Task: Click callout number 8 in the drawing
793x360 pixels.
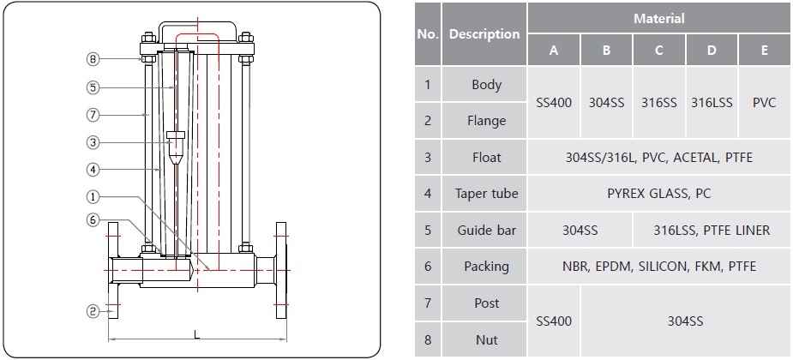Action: coord(93,59)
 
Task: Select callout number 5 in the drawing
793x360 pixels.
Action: coord(93,87)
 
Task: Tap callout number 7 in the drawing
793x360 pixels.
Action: coord(93,114)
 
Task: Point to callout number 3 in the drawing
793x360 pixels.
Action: coord(93,141)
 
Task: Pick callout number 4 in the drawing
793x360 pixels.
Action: coord(93,169)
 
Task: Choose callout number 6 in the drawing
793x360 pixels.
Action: coord(93,219)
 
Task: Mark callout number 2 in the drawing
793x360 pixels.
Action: coord(93,312)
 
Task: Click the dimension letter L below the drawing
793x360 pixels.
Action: coord(196,333)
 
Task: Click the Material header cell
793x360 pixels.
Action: coord(658,18)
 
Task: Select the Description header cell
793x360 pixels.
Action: coord(484,34)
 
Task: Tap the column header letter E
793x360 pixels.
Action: coord(764,50)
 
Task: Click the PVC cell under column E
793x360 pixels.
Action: coord(764,102)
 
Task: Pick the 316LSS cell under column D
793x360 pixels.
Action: coord(712,102)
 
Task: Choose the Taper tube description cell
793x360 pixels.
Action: coord(486,194)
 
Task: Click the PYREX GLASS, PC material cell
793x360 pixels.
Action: coord(658,194)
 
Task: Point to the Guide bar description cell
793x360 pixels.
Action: coord(486,230)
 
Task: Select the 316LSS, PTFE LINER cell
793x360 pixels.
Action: coord(712,230)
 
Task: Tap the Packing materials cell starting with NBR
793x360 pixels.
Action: coord(658,267)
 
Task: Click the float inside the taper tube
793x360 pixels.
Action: coord(175,147)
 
